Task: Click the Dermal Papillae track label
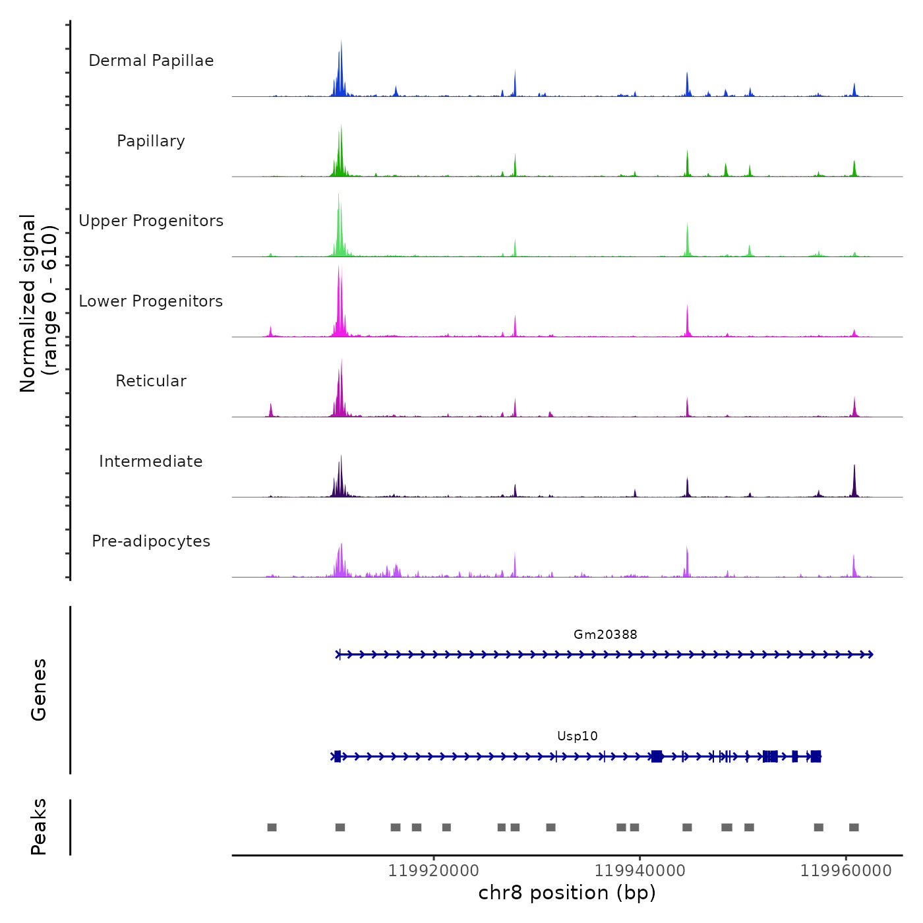[x=151, y=61]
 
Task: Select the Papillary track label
[x=151, y=141]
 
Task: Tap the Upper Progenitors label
[x=151, y=221]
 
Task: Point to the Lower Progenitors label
[x=151, y=301]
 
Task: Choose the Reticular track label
[x=151, y=381]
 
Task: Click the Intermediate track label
[x=151, y=461]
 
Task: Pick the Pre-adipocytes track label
[x=151, y=541]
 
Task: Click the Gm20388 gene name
[x=605, y=635]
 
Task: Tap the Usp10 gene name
[x=578, y=736]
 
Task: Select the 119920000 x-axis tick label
[x=433, y=871]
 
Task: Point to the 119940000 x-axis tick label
[x=640, y=871]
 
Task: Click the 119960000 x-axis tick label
[x=846, y=871]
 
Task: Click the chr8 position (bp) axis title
[x=567, y=893]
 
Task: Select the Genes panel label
[x=39, y=690]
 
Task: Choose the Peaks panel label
[x=39, y=827]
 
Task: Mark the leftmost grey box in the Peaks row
[x=272, y=827]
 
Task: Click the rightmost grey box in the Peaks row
[x=854, y=827]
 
